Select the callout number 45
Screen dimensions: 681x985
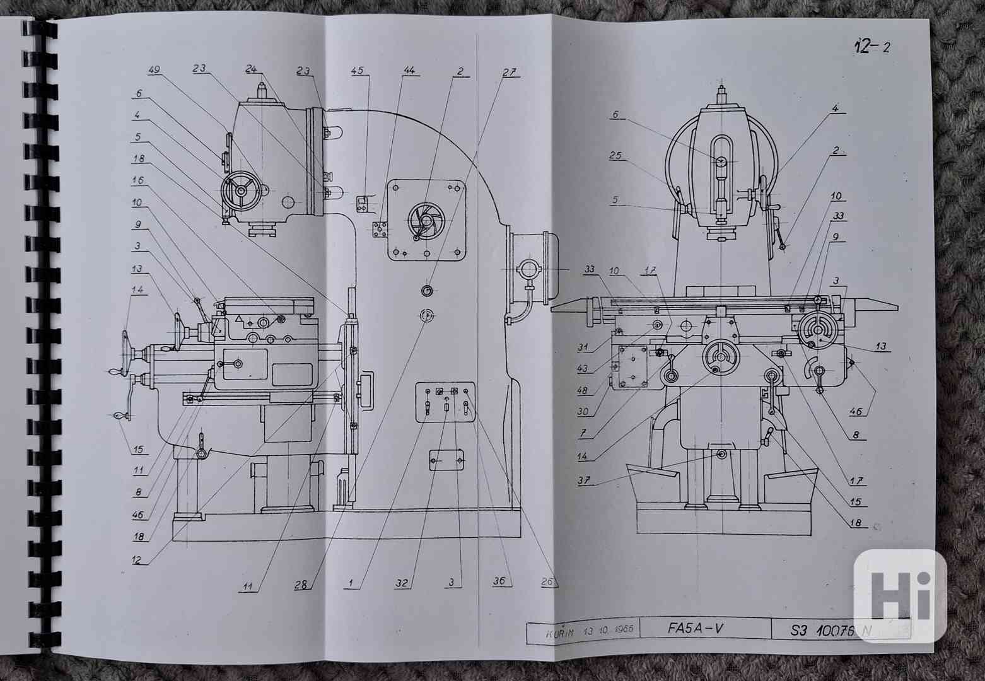point(358,71)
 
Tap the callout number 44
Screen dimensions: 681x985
point(409,71)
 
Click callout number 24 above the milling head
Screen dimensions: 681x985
point(252,70)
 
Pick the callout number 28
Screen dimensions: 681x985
point(302,584)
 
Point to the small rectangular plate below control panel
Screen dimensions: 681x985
point(446,460)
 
